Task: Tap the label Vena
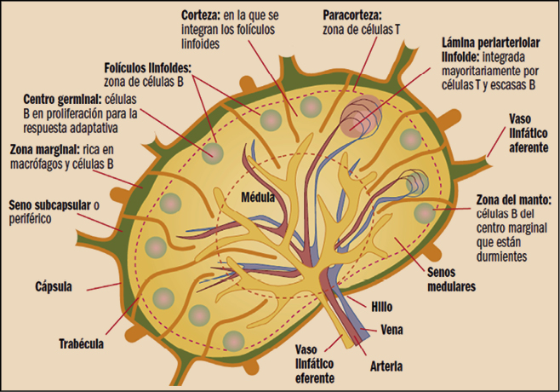pos(382,327)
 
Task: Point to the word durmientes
pos(504,254)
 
